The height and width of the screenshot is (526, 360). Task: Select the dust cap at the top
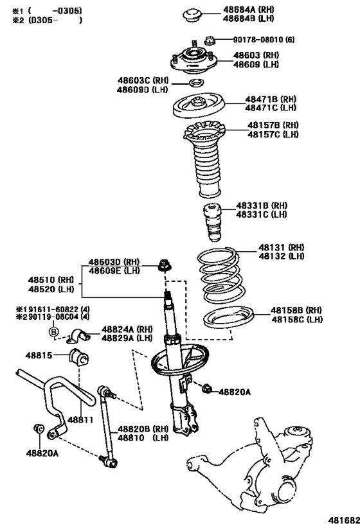coord(192,14)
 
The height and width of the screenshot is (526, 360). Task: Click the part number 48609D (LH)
coord(143,89)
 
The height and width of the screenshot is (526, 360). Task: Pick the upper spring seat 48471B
coord(199,104)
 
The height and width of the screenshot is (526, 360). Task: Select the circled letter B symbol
coord(54,331)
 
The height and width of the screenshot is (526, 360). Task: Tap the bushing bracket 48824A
coord(81,335)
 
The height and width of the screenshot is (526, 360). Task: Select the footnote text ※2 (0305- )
coord(43,20)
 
